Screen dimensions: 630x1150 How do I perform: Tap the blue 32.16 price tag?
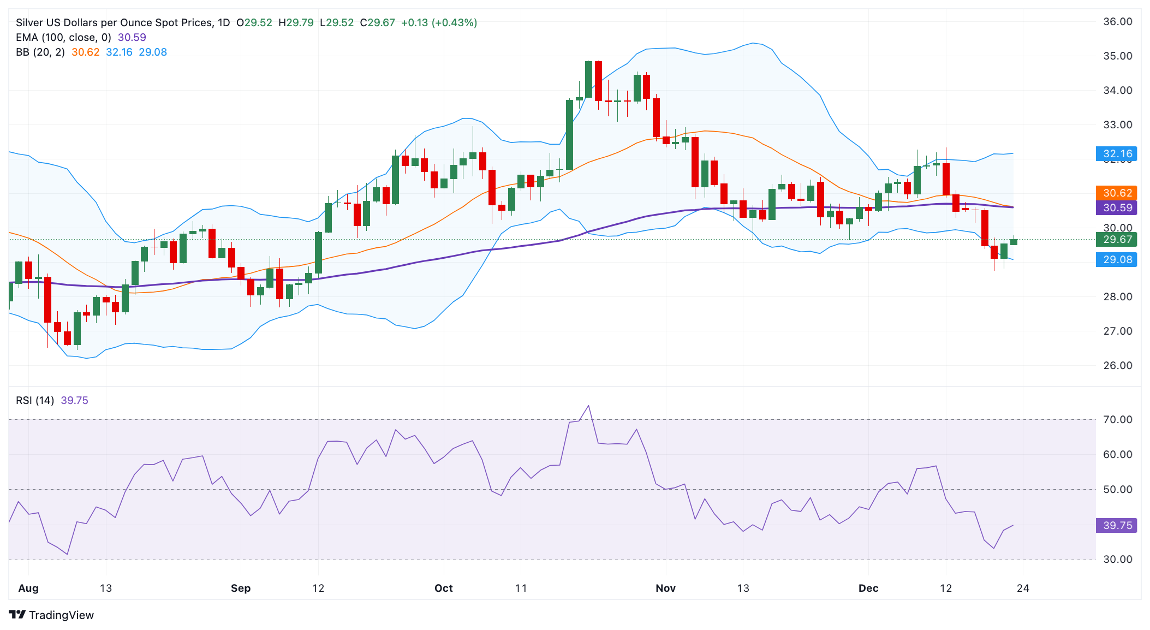tap(1116, 154)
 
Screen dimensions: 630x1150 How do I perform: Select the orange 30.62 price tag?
tap(1116, 193)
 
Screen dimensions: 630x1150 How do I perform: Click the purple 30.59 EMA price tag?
tap(1116, 207)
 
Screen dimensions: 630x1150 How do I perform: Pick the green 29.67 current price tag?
tap(1116, 239)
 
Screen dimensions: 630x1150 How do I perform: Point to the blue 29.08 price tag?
tap(1116, 259)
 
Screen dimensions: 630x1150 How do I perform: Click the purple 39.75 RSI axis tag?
tap(1116, 525)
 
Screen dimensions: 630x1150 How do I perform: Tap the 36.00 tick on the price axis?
tap(1117, 22)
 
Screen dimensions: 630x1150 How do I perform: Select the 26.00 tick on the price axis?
tap(1117, 365)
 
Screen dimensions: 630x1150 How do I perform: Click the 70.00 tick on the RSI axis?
tap(1117, 419)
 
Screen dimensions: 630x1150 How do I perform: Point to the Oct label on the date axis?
tap(443, 588)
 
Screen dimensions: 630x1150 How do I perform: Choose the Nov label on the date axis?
tap(665, 588)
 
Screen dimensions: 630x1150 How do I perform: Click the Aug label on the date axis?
tap(28, 588)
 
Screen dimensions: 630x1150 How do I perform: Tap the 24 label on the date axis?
tap(1023, 588)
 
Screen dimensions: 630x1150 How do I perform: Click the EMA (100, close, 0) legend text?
tap(63, 38)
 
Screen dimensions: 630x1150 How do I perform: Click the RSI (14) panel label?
tap(35, 400)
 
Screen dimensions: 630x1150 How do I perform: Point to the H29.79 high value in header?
tap(296, 23)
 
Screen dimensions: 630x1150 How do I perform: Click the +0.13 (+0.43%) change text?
tap(439, 23)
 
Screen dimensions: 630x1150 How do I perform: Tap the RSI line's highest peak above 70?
tap(588, 406)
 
